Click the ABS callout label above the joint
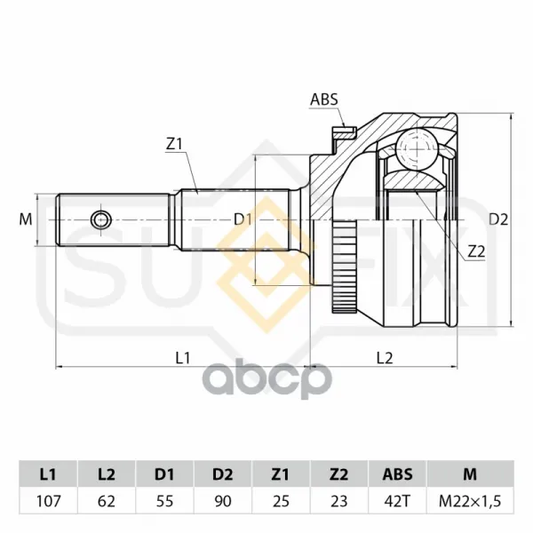coord(324,99)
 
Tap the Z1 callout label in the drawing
coord(174,145)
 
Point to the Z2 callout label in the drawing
coord(476,252)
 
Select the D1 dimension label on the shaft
coord(243,220)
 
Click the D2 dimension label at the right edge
coord(498,220)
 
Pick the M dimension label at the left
coord(26,219)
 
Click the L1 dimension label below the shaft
coord(182,358)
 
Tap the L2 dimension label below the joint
coord(385,358)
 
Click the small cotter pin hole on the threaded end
coord(101,220)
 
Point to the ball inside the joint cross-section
coord(417,149)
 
